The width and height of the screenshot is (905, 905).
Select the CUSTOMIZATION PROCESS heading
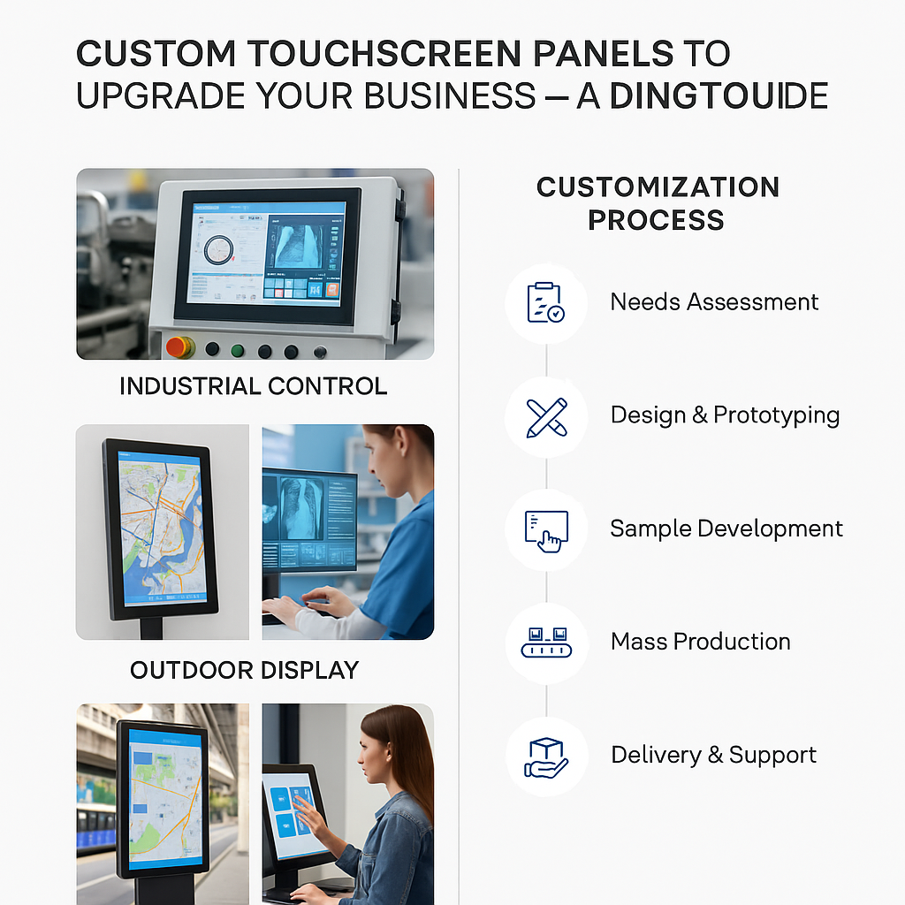[x=657, y=203]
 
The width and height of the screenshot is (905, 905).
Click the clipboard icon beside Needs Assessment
[x=545, y=302]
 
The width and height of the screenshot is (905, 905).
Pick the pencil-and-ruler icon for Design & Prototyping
[x=545, y=415]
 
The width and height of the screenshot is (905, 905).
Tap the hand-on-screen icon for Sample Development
[x=545, y=529]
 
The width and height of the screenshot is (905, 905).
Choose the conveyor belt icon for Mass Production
[x=545, y=643]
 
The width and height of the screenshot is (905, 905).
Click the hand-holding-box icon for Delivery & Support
[x=545, y=756]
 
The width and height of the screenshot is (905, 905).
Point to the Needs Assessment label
[x=714, y=302]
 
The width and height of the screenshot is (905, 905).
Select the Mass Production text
[x=700, y=642]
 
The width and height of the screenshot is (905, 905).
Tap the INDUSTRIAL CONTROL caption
[x=253, y=386]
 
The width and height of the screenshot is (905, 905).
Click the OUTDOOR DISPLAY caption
[x=244, y=670]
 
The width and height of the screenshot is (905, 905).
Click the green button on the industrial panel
[x=237, y=350]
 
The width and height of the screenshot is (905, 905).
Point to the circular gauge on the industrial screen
[x=219, y=250]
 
